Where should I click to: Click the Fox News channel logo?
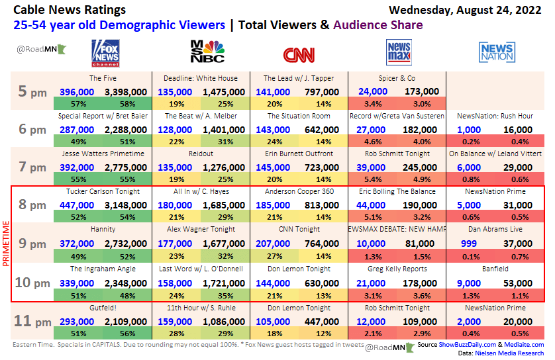tap(105, 52)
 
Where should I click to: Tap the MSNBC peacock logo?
tap(206, 52)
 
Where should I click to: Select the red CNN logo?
tap(299, 54)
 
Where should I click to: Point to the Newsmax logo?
tap(399, 52)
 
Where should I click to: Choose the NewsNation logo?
tap(496, 52)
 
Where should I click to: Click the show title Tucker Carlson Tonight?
tap(103, 191)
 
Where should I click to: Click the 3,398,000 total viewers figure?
tap(126, 92)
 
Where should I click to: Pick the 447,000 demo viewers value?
tap(76, 205)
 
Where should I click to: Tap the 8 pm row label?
tap(32, 205)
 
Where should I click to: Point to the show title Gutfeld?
tap(103, 308)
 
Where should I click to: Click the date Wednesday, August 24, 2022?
tap(466, 10)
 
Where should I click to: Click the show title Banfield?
tap(496, 269)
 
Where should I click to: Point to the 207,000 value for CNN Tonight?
tap(274, 243)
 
